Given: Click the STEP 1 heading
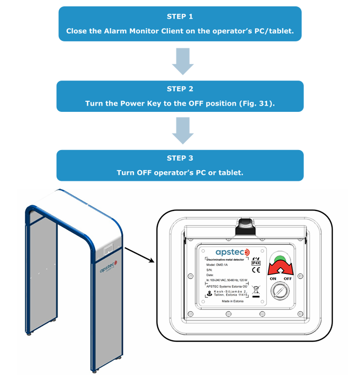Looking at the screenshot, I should tap(179, 16).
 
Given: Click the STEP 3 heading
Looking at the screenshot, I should tap(179, 158).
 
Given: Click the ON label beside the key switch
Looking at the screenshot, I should tap(273, 278).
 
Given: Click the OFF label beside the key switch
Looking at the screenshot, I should tap(288, 278).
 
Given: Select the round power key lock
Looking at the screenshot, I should tap(280, 290).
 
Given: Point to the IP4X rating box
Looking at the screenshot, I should tap(256, 262).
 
